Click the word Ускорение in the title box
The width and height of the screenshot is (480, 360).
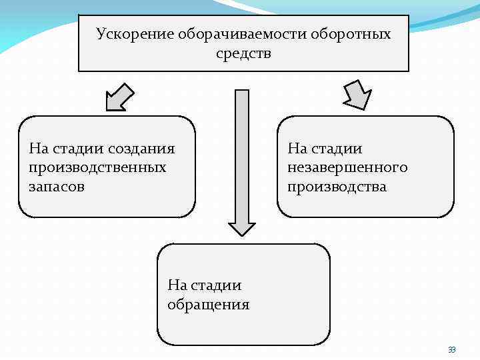point(134,34)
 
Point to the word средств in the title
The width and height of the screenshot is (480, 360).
point(244,53)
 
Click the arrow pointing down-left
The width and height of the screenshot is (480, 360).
point(121,96)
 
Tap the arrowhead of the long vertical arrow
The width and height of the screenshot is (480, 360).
point(242,227)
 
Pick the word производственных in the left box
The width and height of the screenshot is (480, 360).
point(97,167)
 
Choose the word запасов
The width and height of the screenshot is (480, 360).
point(57,187)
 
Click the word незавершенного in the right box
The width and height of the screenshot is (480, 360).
point(347,167)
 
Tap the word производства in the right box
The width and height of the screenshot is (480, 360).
point(337,187)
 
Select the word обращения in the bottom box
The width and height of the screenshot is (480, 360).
point(208,305)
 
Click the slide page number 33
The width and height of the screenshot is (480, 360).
point(452,349)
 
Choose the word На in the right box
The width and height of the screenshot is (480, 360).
point(297,148)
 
